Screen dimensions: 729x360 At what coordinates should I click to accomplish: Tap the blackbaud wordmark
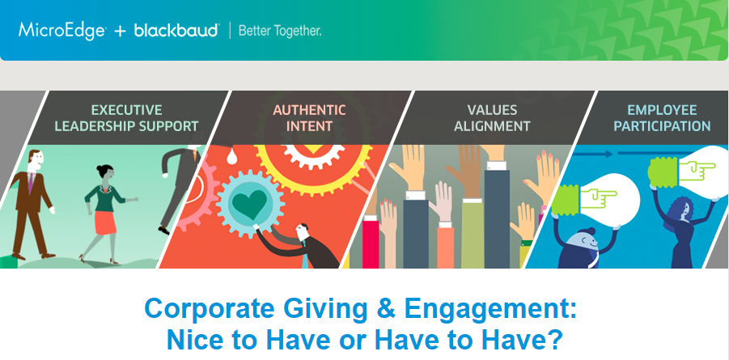click(x=176, y=30)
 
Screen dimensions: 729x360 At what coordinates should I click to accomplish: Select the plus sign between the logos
click(x=120, y=32)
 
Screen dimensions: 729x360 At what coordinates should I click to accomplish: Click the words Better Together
click(x=280, y=32)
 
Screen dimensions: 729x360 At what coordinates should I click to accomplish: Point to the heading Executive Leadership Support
click(x=126, y=118)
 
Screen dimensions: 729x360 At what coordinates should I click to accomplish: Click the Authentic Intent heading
click(x=309, y=118)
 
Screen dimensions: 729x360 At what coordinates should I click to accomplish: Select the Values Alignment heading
click(x=492, y=118)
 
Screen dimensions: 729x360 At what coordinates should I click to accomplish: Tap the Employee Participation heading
click(x=662, y=118)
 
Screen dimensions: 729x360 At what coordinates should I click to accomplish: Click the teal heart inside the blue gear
click(x=250, y=205)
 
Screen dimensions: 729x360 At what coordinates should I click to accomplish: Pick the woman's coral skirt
click(x=105, y=222)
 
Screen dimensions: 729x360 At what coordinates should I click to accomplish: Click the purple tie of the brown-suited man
click(x=31, y=182)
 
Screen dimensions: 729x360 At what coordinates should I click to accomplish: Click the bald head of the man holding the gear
click(x=302, y=231)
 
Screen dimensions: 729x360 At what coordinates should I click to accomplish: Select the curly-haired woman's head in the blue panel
click(x=680, y=210)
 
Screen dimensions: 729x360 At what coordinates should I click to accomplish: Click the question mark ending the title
click(x=554, y=340)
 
